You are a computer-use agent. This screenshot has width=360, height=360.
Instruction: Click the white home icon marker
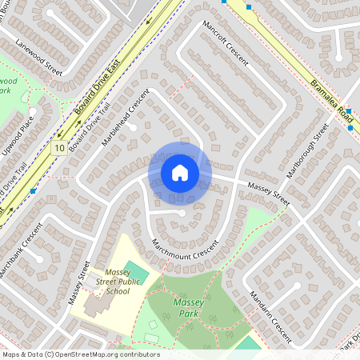click(180, 172)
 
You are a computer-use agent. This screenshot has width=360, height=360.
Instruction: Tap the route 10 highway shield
click(59, 148)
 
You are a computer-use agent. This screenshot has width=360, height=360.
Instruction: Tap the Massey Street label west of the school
click(78, 287)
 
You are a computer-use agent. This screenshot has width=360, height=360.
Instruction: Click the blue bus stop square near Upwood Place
click(33, 191)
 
